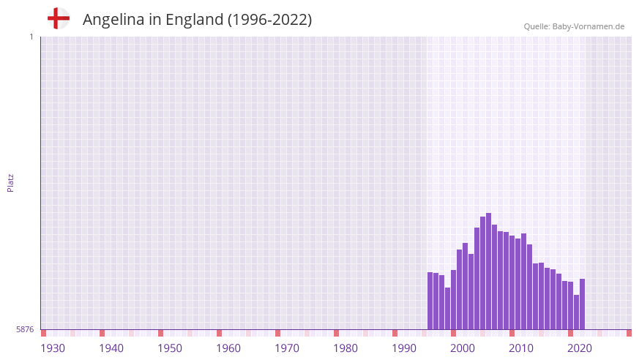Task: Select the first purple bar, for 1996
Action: (x=430, y=301)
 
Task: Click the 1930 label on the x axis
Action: (x=53, y=348)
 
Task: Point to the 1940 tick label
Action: (x=111, y=348)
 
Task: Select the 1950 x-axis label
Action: (x=170, y=348)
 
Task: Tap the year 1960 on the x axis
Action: (x=228, y=348)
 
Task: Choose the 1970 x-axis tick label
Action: (x=287, y=348)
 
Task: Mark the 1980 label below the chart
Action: (x=345, y=348)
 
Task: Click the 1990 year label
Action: (x=404, y=348)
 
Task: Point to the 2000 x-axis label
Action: (x=463, y=348)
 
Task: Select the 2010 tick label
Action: (x=521, y=348)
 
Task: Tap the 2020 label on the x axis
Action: (x=580, y=348)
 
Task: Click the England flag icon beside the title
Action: (x=59, y=19)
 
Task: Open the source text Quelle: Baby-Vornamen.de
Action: (x=574, y=26)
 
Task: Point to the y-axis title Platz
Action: (x=10, y=183)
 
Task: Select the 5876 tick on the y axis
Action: (x=25, y=330)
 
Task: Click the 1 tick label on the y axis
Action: (x=31, y=37)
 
